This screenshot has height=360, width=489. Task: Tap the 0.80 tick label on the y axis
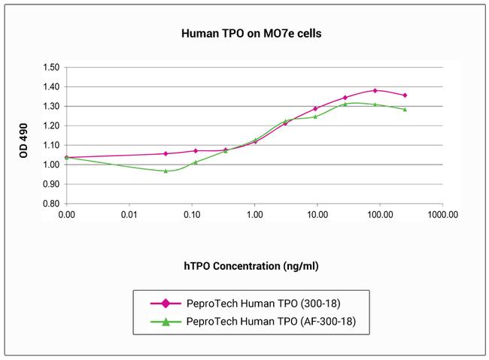coord(50,204)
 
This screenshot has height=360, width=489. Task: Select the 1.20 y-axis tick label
coord(50,126)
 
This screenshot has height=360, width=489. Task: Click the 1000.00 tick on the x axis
coord(442,214)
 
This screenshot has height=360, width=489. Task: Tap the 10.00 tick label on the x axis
coord(317,214)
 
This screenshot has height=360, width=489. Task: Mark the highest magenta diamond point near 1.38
coord(375,90)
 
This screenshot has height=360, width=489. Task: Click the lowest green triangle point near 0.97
coord(166,171)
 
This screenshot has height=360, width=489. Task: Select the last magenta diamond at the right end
coord(405,95)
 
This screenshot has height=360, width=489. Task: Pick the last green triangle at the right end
coord(405,109)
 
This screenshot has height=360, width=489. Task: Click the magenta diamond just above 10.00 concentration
coord(315,108)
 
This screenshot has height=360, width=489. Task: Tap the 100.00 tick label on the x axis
coord(379,214)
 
